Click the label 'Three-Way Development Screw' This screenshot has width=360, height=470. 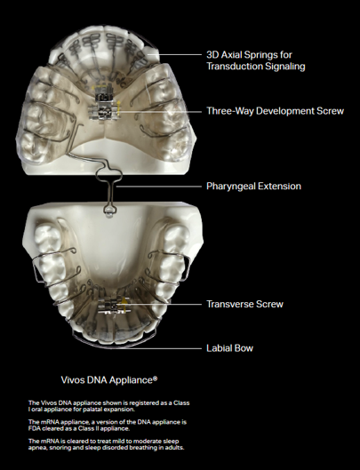[x=275, y=111]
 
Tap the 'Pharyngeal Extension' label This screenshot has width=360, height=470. [x=254, y=187]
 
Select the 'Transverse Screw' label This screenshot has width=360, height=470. [x=244, y=304]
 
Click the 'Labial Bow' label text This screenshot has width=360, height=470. [x=230, y=348]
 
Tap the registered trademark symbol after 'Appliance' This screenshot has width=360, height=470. [x=155, y=378]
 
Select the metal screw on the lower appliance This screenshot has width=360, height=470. [x=112, y=305]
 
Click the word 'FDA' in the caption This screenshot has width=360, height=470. [x=34, y=428]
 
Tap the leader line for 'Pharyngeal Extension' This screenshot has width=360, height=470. [x=159, y=187]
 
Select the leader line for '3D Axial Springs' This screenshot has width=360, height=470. [x=180, y=55]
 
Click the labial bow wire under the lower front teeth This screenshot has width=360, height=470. [x=114, y=345]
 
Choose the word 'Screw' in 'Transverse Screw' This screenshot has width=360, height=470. [x=270, y=304]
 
